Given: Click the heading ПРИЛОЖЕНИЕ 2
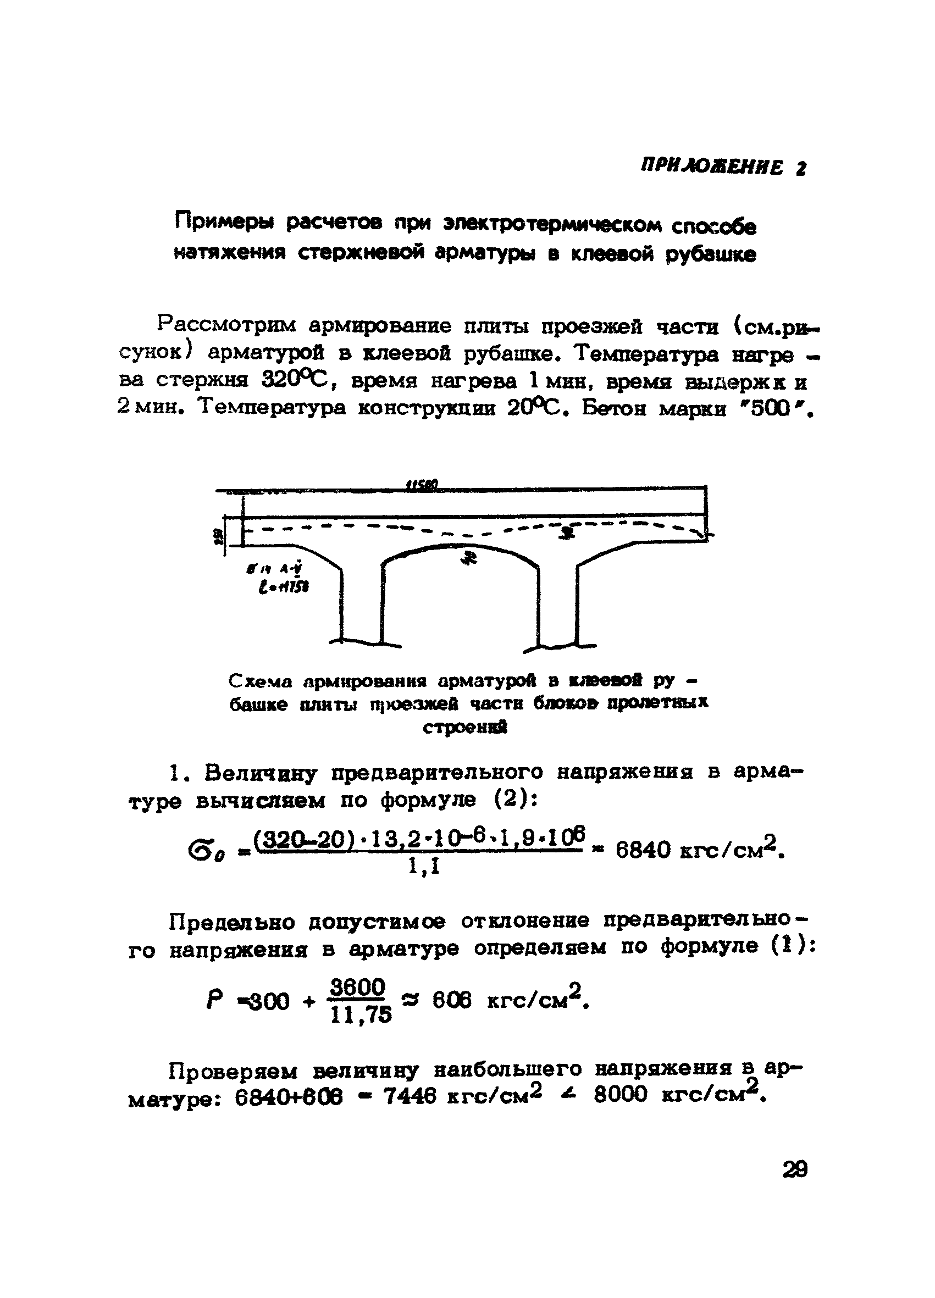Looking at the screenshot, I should click(723, 167).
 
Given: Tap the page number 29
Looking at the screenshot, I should click(795, 1169).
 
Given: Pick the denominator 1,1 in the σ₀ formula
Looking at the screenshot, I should click(424, 868).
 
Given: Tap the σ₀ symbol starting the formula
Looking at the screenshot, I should click(206, 852).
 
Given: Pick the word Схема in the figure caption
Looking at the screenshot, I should click(261, 681).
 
